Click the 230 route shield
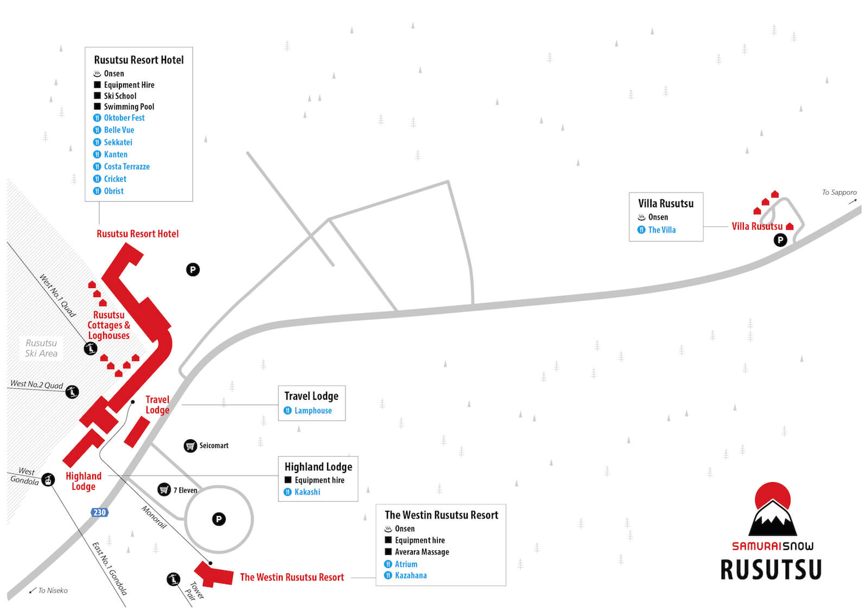click(100, 513)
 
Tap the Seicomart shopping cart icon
click(190, 446)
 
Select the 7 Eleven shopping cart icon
click(164, 490)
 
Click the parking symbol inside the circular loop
click(219, 519)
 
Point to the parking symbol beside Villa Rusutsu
click(780, 240)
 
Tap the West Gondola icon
click(48, 480)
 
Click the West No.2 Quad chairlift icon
click(72, 392)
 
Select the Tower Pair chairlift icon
click(173, 579)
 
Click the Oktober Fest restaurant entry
click(119, 118)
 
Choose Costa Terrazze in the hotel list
click(122, 167)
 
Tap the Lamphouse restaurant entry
click(308, 411)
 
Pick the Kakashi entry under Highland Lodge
click(302, 492)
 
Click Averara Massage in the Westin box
click(417, 552)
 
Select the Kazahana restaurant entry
click(405, 575)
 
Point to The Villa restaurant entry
click(656, 230)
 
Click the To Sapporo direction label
click(839, 193)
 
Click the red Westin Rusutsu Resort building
click(214, 574)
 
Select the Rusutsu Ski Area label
click(41, 348)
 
